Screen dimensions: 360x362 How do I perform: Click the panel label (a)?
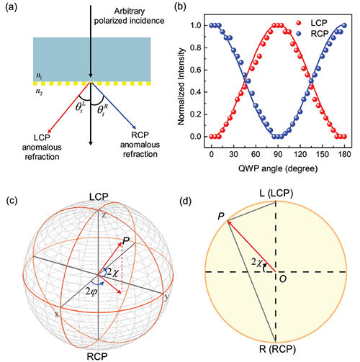click(x=12, y=8)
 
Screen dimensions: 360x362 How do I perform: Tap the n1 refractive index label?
click(x=38, y=76)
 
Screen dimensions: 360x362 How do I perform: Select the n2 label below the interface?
click(x=39, y=93)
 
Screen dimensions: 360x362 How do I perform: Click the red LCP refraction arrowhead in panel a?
click(x=50, y=130)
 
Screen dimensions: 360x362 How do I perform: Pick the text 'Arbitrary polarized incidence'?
click(x=129, y=16)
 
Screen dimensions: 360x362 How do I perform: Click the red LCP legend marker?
click(x=299, y=23)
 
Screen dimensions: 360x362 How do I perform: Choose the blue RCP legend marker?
click(x=299, y=34)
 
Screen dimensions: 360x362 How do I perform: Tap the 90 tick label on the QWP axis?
click(x=278, y=154)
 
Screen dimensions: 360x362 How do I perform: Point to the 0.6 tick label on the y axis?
click(x=196, y=70)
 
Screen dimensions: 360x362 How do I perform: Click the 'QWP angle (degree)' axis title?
click(x=278, y=168)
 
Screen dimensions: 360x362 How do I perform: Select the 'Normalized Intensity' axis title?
click(x=181, y=86)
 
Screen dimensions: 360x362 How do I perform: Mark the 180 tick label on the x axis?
click(x=344, y=154)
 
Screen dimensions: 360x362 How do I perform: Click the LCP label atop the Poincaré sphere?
click(x=99, y=197)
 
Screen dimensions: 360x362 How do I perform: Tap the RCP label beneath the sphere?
click(x=97, y=356)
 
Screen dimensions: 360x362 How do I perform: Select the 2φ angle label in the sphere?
click(x=91, y=292)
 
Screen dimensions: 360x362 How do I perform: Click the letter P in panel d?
click(x=221, y=217)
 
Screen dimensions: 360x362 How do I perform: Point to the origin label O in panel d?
click(x=283, y=279)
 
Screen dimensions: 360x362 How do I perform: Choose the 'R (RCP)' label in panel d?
click(x=277, y=349)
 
